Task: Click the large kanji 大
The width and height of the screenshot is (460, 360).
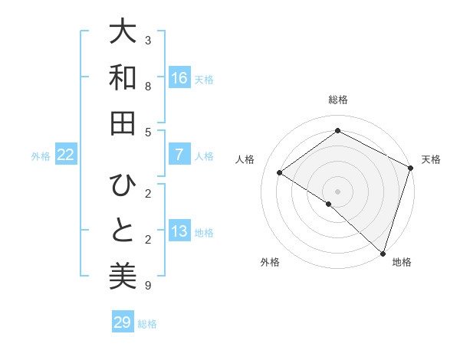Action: tap(123, 33)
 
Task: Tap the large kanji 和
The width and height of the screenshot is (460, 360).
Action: tap(123, 77)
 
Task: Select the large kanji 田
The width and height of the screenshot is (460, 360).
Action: tap(123, 122)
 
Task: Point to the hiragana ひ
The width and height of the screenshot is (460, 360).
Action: tap(123, 186)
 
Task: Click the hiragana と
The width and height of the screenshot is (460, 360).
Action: tap(123, 231)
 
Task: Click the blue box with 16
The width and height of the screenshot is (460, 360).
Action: tap(179, 78)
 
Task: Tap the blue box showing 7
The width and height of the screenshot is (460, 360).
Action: tap(179, 155)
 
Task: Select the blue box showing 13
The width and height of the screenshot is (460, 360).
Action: tap(179, 231)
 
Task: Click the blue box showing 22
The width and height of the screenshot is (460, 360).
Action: tap(66, 155)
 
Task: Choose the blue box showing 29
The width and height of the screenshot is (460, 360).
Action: tap(123, 322)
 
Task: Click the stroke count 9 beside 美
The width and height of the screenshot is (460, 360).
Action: tap(148, 286)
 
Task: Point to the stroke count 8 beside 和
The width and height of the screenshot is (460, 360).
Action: tap(148, 87)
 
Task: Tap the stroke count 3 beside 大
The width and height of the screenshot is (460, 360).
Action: tap(148, 40)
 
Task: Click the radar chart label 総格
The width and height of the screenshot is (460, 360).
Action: tap(337, 100)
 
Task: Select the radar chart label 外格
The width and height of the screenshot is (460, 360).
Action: tap(270, 263)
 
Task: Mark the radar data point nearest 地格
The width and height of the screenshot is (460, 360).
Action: tap(383, 253)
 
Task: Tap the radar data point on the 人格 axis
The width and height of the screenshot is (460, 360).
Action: tap(280, 172)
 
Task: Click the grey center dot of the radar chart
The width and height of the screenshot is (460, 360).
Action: tap(337, 191)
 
